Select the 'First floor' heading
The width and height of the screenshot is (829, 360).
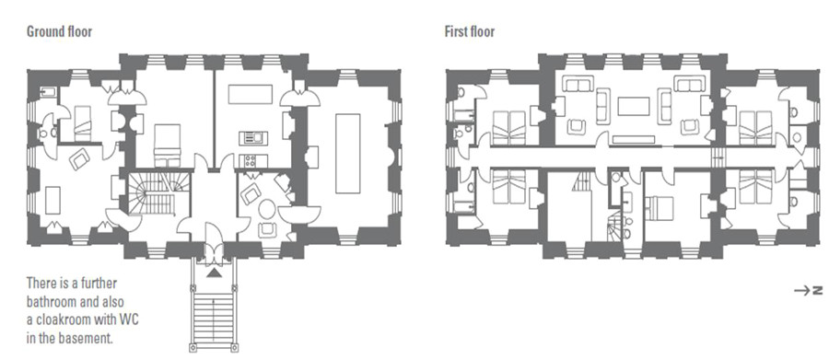pos(470,31)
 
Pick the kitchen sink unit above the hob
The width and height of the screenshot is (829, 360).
pos(251,138)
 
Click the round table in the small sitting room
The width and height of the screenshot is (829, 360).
pos(267,209)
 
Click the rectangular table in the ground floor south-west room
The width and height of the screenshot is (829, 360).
pos(54,199)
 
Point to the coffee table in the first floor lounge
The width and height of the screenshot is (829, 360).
pos(633,106)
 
